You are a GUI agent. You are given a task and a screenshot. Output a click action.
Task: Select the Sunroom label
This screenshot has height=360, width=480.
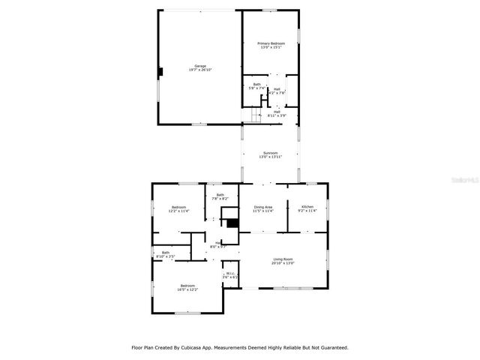tap(270, 154)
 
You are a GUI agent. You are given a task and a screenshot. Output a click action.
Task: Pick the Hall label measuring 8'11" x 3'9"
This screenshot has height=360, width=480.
tap(277, 113)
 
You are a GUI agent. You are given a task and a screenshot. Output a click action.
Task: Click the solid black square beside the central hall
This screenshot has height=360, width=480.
tap(232, 223)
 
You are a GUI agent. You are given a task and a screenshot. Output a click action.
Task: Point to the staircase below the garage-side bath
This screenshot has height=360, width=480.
tap(255, 113)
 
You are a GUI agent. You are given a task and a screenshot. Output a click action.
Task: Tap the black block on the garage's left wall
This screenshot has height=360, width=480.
tap(160, 72)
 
